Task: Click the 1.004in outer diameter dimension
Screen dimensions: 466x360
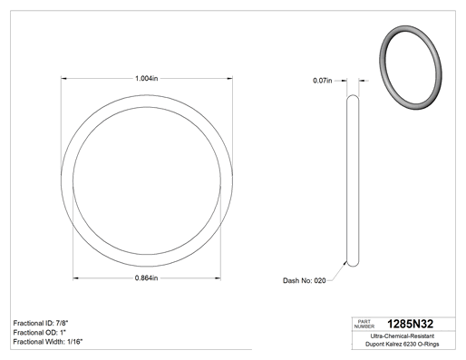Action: click(x=147, y=79)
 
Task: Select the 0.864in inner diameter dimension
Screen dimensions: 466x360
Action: click(x=147, y=278)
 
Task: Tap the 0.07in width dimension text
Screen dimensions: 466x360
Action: click(x=323, y=81)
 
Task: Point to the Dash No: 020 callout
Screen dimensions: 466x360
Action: click(x=305, y=280)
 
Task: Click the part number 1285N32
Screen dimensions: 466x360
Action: click(x=410, y=324)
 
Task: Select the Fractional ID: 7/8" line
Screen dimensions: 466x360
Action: click(x=43, y=323)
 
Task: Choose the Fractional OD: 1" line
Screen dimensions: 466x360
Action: click(x=40, y=332)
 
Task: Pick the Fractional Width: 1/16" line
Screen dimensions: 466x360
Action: click(x=48, y=342)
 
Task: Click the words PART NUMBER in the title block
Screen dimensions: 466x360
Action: click(x=364, y=324)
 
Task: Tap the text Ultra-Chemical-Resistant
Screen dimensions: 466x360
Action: click(x=403, y=336)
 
